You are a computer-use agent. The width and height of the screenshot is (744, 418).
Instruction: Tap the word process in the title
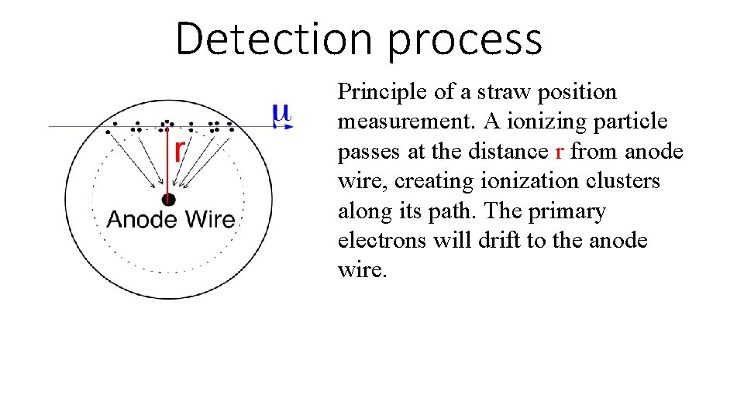464,41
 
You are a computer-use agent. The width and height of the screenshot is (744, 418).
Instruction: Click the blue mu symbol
281,114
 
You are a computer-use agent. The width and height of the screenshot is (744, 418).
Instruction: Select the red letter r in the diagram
179,148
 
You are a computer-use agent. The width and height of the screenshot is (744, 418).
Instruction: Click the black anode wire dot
169,200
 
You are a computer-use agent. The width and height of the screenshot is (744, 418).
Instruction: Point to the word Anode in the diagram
141,219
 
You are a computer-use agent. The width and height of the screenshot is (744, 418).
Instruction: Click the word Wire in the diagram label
207,219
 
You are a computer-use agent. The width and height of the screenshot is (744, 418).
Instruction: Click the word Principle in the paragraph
383,92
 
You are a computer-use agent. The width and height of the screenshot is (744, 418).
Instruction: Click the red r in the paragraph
560,152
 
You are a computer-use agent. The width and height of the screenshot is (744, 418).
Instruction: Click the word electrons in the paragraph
381,241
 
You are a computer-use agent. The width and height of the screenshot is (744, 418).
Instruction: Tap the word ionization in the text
531,181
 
